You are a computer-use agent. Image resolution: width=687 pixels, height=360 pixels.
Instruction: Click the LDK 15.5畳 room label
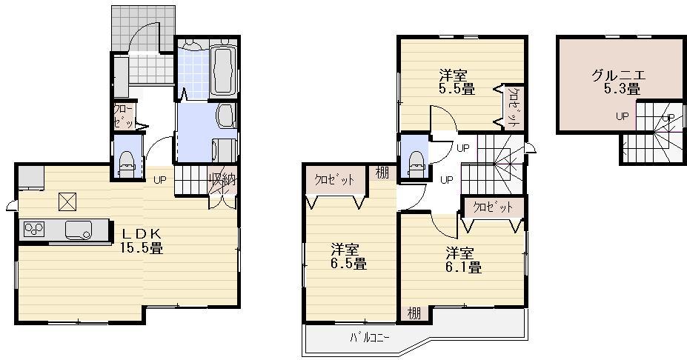(142, 241)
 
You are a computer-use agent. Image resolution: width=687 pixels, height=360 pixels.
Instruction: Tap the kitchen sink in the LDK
(78, 230)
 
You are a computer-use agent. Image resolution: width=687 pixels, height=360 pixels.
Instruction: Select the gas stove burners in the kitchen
(34, 229)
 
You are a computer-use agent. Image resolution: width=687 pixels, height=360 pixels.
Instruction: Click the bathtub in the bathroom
(222, 71)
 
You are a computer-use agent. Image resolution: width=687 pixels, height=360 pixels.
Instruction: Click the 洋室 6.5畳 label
(348, 256)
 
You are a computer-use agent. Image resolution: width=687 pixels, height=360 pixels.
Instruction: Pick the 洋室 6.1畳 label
(463, 259)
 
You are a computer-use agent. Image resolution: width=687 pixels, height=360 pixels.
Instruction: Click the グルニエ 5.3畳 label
(618, 81)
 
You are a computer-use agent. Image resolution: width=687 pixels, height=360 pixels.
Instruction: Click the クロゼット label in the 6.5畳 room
(333, 180)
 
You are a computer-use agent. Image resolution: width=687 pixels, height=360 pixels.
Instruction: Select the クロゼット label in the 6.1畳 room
(493, 207)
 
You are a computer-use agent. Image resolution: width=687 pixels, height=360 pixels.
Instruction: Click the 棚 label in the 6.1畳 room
(414, 313)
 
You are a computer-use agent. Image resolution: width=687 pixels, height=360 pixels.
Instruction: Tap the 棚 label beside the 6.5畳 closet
(381, 173)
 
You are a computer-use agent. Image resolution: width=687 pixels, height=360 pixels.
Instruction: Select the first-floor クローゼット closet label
(121, 116)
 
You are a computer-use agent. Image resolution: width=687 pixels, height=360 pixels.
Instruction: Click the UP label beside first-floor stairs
(159, 179)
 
